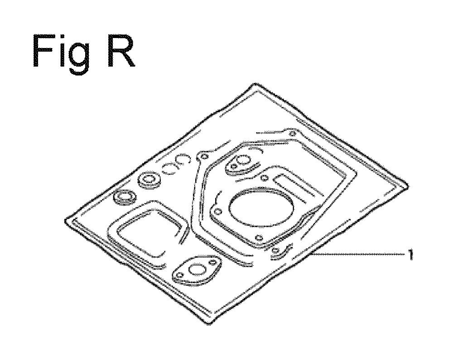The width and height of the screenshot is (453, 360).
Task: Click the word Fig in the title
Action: (61, 54)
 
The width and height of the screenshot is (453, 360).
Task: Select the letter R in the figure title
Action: (121, 51)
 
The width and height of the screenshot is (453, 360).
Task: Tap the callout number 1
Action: (410, 254)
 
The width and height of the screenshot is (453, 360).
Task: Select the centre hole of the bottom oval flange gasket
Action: (197, 269)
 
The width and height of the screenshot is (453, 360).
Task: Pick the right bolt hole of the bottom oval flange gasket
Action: (213, 262)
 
